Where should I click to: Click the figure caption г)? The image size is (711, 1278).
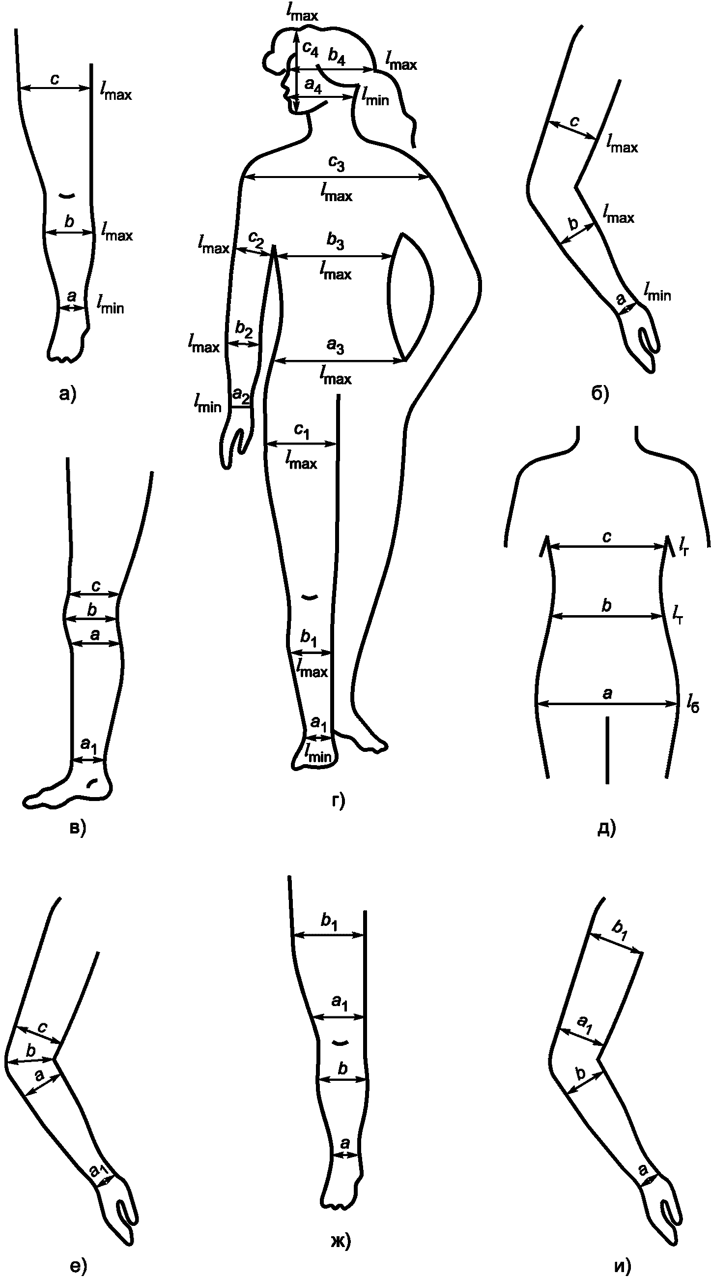[x=338, y=800]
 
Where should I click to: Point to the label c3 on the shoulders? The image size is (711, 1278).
[x=336, y=164]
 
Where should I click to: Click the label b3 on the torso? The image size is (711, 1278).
[x=335, y=242]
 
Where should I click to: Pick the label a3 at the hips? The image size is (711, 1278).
[x=335, y=347]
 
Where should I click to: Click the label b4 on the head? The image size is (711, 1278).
[x=337, y=58]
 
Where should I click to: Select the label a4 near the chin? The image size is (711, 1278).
[x=313, y=86]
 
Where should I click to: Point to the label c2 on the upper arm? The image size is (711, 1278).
[x=256, y=240]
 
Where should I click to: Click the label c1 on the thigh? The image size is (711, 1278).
[x=301, y=431]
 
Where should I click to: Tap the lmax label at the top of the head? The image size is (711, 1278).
[x=302, y=12]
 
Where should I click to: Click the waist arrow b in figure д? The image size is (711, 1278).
[x=607, y=616]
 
